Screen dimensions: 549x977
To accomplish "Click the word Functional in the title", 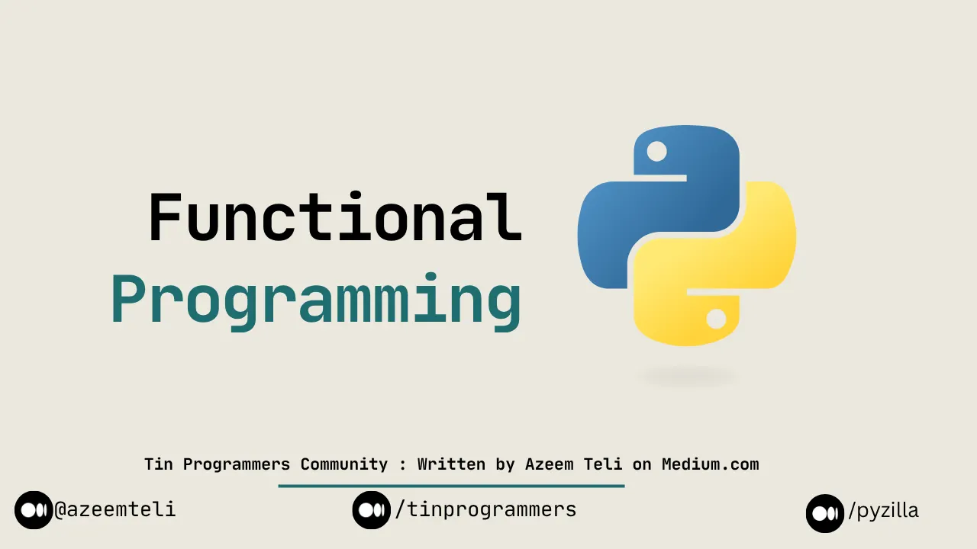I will [334, 218].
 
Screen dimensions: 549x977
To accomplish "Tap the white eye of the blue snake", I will [656, 152].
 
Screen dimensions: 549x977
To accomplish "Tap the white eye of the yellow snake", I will [716, 319].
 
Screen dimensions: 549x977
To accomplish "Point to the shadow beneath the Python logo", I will [687, 376].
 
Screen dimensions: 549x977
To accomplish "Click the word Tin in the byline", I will [159, 464].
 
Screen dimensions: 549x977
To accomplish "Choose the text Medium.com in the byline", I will [710, 464].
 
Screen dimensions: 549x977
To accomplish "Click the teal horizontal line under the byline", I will [451, 486].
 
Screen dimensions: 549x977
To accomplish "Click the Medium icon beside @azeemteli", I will [34, 510].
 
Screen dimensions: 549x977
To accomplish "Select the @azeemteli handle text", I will [115, 509].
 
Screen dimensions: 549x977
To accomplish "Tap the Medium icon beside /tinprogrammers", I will [372, 510].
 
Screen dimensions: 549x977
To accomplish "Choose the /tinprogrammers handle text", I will [485, 509].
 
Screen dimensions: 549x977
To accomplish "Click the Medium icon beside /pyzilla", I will [825, 513].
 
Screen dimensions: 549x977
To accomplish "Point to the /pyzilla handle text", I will [883, 511].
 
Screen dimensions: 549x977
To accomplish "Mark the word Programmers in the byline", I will [238, 464].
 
